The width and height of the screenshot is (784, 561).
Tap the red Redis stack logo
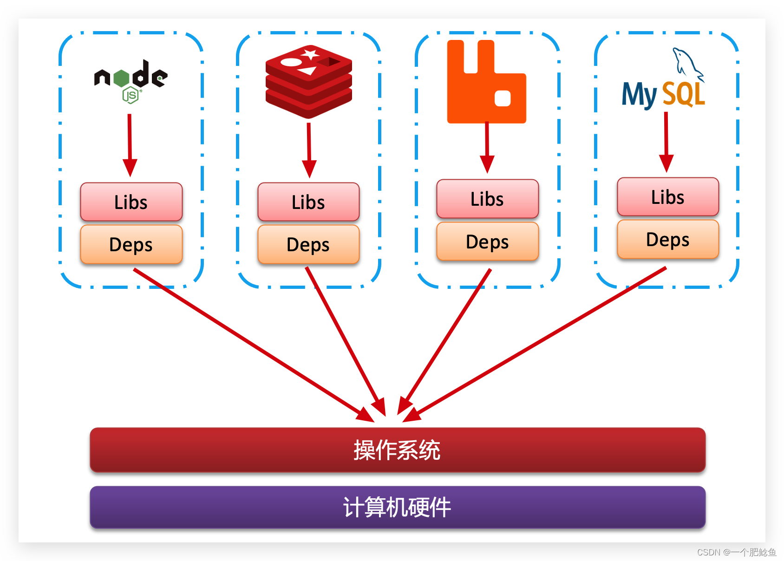(x=308, y=82)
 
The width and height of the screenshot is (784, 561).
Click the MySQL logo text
(x=663, y=94)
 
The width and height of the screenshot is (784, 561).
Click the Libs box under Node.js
(x=131, y=202)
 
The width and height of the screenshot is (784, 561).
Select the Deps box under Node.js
(x=131, y=244)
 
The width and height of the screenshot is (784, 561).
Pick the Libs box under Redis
(x=308, y=202)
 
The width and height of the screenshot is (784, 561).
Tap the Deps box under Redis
(x=308, y=244)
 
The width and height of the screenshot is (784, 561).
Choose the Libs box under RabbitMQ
(x=487, y=199)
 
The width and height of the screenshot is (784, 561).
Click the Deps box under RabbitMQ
(x=487, y=241)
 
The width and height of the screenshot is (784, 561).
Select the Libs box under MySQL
(x=667, y=197)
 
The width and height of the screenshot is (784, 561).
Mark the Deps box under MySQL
(x=667, y=239)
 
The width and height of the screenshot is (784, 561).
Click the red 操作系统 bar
(x=397, y=450)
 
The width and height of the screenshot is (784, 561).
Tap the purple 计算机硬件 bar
(x=397, y=507)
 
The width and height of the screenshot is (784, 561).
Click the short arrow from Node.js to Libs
(x=130, y=144)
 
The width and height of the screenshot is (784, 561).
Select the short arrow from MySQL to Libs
(x=666, y=142)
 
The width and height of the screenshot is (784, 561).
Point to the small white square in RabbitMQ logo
(x=503, y=98)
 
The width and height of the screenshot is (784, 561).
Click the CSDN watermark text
(x=736, y=552)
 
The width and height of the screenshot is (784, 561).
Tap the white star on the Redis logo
(x=309, y=54)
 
